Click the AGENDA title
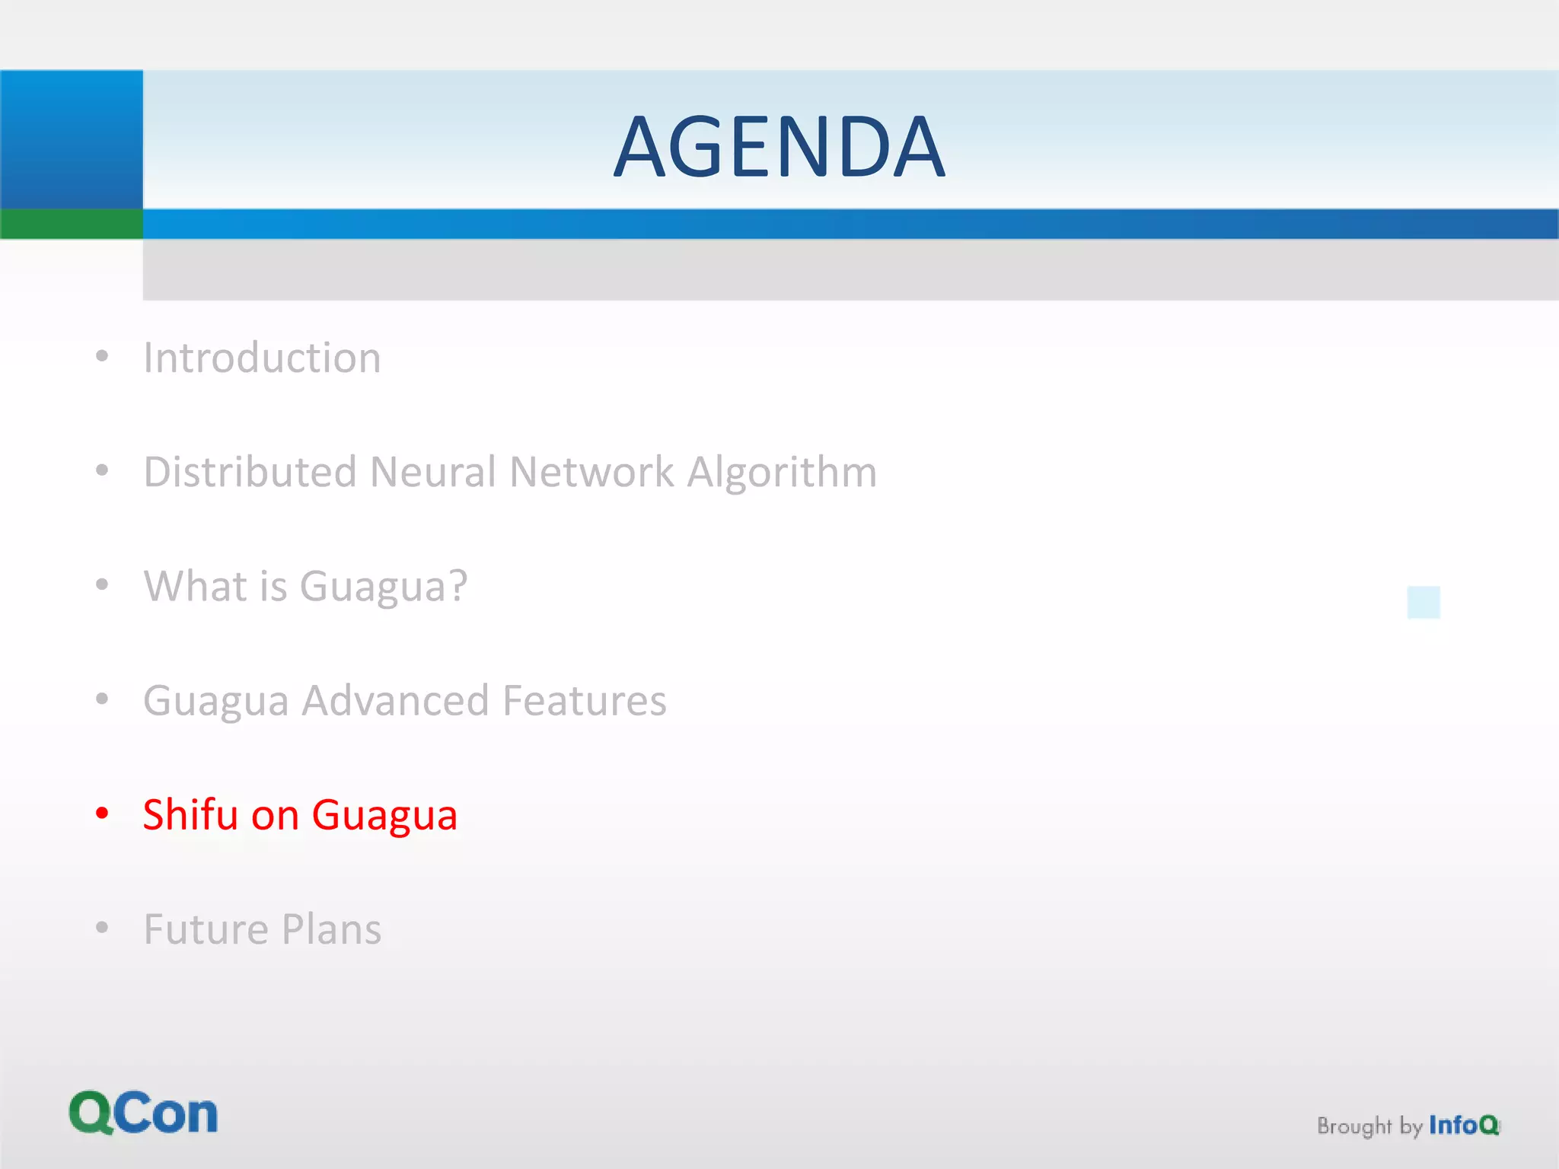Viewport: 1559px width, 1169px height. click(x=779, y=147)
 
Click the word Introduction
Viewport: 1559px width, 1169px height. click(x=262, y=358)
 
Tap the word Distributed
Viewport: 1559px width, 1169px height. click(x=250, y=472)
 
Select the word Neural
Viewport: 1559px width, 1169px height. click(x=432, y=472)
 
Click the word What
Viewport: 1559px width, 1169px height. click(x=195, y=586)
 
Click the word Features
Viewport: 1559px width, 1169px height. click(x=584, y=700)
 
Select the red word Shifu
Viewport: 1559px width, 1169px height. click(x=190, y=814)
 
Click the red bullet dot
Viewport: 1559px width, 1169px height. click(x=102, y=814)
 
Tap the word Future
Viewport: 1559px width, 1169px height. click(x=206, y=929)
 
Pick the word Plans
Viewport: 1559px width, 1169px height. click(x=331, y=929)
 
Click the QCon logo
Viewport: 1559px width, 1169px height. click(x=143, y=1113)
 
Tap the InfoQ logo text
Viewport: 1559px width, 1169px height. click(x=1463, y=1125)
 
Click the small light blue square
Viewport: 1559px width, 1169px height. click(x=1424, y=602)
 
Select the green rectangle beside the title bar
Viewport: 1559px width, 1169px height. click(x=71, y=224)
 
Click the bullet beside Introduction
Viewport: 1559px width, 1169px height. click(x=102, y=356)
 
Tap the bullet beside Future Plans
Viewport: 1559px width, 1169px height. click(x=102, y=928)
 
